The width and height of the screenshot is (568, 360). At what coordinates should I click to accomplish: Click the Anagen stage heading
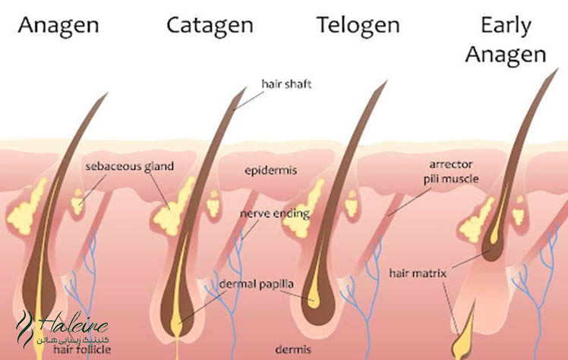tap(58, 26)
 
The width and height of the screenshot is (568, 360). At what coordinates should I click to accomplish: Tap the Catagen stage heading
tap(210, 26)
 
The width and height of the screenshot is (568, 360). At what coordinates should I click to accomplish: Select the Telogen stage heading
tap(358, 26)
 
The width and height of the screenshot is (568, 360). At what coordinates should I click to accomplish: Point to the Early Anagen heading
tap(506, 40)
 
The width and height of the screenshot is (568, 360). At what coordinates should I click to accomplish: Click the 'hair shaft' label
tap(286, 84)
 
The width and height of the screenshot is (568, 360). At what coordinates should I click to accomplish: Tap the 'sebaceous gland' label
tap(130, 166)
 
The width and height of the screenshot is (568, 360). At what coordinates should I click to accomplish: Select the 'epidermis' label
tap(270, 170)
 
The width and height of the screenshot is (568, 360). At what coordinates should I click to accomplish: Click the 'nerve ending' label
tap(275, 213)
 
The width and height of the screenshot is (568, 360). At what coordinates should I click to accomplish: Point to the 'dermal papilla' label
tap(257, 284)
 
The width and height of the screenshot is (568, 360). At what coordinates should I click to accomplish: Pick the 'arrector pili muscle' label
tap(451, 172)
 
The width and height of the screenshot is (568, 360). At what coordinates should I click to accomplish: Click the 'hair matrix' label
tap(418, 273)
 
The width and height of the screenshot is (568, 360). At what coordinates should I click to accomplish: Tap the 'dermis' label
tap(293, 349)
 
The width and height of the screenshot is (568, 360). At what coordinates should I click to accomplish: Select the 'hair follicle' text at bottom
tap(82, 349)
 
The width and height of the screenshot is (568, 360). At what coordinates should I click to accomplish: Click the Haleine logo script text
tap(72, 322)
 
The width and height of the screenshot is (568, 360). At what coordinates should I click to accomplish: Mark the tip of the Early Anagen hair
tap(558, 69)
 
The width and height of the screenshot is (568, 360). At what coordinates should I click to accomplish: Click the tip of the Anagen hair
tap(108, 93)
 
